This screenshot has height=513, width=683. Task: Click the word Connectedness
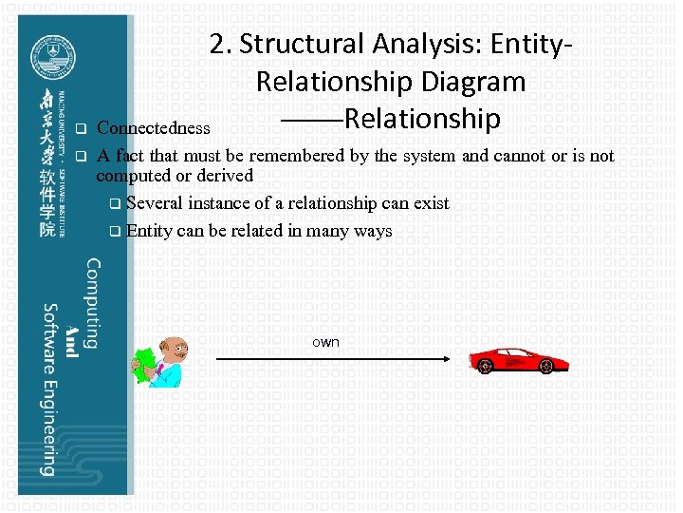tap(153, 128)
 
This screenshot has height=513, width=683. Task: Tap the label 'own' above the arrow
tap(325, 342)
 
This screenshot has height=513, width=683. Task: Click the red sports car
tap(519, 360)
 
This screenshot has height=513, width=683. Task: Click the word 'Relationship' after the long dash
tap(422, 119)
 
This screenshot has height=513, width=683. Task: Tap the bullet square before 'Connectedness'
tap(81, 128)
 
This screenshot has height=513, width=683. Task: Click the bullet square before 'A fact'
tap(81, 156)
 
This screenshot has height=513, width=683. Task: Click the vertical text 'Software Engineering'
tap(46, 389)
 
